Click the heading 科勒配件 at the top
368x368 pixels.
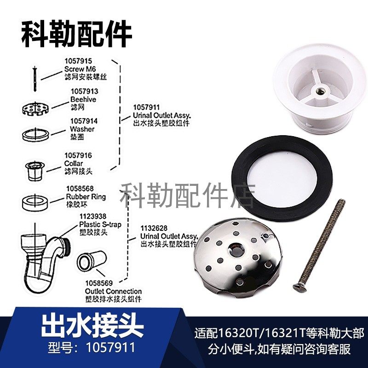[76, 33]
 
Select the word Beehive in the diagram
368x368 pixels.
[83, 99]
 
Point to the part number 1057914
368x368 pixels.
[84, 121]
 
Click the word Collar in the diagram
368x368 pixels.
[74, 163]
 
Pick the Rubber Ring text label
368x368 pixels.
[86, 196]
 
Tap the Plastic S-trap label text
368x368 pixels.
[100, 224]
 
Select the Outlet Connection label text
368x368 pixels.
[114, 291]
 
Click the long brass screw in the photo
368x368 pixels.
[320, 244]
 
